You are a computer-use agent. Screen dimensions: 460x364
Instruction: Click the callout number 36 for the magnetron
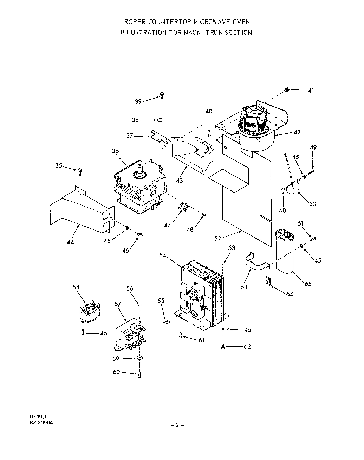pyautogui.click(x=115, y=151)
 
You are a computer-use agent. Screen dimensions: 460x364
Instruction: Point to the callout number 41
pyautogui.click(x=311, y=90)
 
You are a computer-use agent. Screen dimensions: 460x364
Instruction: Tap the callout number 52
pyautogui.click(x=217, y=238)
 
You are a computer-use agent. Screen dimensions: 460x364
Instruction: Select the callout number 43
pyautogui.click(x=179, y=181)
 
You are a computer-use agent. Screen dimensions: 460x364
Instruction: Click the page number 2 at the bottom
pyautogui.click(x=177, y=425)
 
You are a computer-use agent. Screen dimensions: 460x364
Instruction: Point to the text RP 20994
pyautogui.click(x=41, y=423)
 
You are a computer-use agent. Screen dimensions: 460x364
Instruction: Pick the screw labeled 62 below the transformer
pyautogui.click(x=223, y=347)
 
